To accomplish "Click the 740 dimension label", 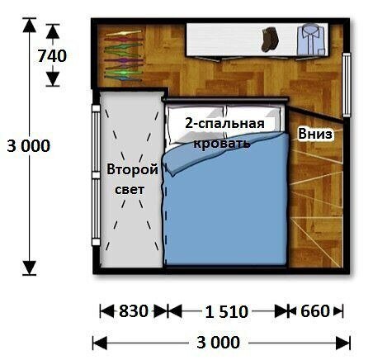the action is click(52, 56).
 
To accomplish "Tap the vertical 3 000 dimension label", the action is click(29, 145).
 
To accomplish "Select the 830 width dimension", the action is click(134, 311).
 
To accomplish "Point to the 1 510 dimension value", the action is click(227, 312).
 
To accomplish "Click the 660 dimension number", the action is click(314, 311).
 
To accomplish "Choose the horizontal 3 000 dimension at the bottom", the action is click(219, 343).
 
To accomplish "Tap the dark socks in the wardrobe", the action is click(270, 39).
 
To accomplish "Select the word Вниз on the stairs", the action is click(315, 134).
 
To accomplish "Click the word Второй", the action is click(132, 169).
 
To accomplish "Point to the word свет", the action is click(130, 190).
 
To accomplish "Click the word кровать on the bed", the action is click(222, 143).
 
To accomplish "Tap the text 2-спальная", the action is click(224, 123).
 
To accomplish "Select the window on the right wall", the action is click(347, 84).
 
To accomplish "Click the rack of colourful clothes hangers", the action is click(124, 56).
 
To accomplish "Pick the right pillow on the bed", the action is click(253, 121).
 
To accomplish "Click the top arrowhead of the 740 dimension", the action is click(53, 31).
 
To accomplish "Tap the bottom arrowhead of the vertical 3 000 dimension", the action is click(29, 268).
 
